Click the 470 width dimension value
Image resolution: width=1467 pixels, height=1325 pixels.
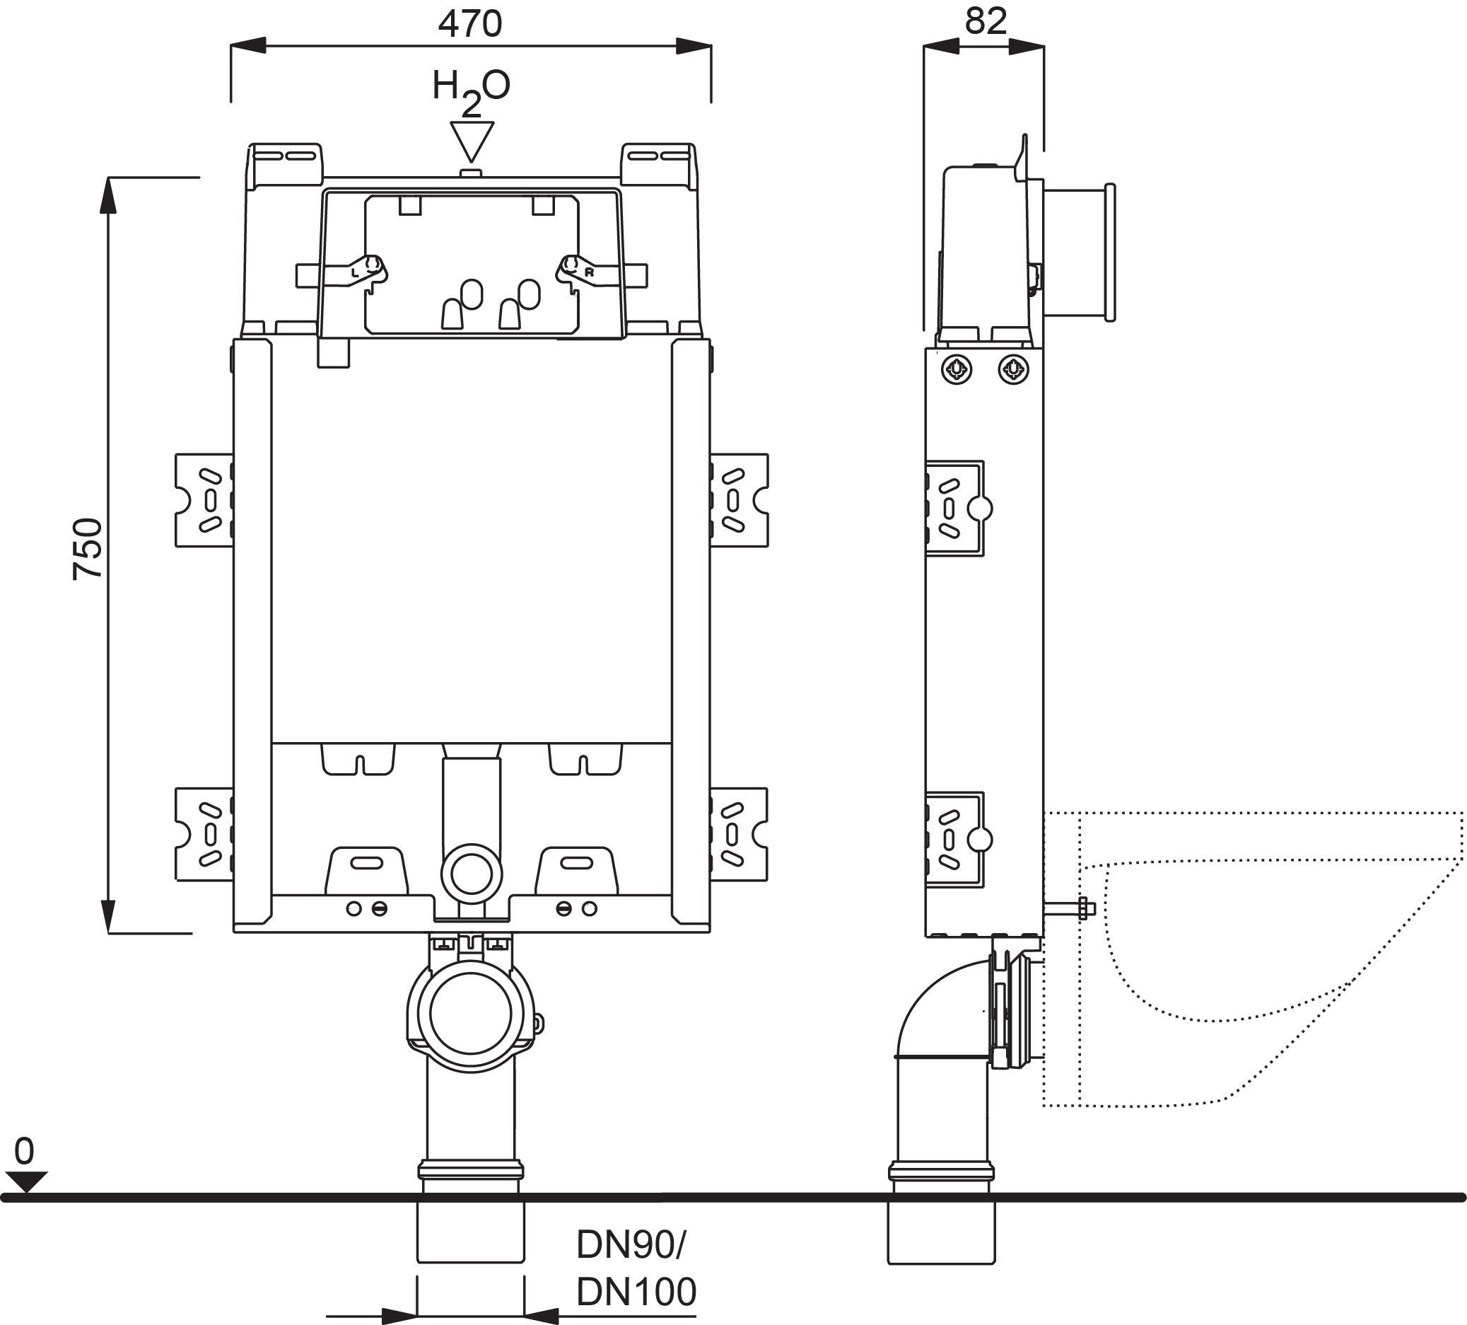point(469,24)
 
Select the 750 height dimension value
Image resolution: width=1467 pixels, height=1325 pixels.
point(88,548)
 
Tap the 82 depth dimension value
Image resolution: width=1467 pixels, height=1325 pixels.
point(986,21)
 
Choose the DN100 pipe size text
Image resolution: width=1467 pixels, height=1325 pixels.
point(636,1292)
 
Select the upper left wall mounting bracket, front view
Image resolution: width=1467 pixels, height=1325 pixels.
point(204,500)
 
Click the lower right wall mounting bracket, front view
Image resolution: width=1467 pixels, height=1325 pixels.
point(739,834)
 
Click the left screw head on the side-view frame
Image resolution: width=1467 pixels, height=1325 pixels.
point(956,370)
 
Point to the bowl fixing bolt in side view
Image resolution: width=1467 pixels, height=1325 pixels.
point(1070,908)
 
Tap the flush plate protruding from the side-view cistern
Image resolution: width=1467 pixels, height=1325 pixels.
point(1078,252)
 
